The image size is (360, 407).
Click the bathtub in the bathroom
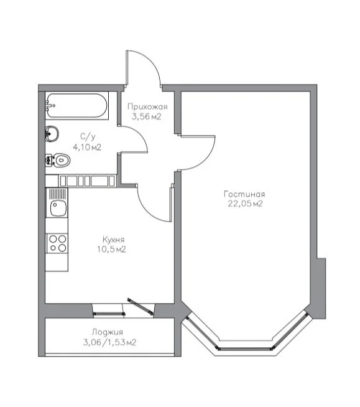76,106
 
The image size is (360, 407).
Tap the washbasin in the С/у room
52,134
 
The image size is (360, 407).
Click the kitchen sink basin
58,208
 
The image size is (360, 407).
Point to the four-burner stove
57,243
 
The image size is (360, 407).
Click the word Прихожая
147,106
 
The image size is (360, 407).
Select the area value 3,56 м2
147,116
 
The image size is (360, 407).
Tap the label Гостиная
244,194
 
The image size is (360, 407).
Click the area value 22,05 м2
246,203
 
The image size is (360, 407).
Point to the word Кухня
114,240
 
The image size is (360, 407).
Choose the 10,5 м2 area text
112,249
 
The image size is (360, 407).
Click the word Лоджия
108,332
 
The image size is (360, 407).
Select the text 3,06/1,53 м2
109,342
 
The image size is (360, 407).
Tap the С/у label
88,136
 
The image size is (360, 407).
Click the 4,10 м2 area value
87,147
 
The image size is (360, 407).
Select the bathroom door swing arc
140,133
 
